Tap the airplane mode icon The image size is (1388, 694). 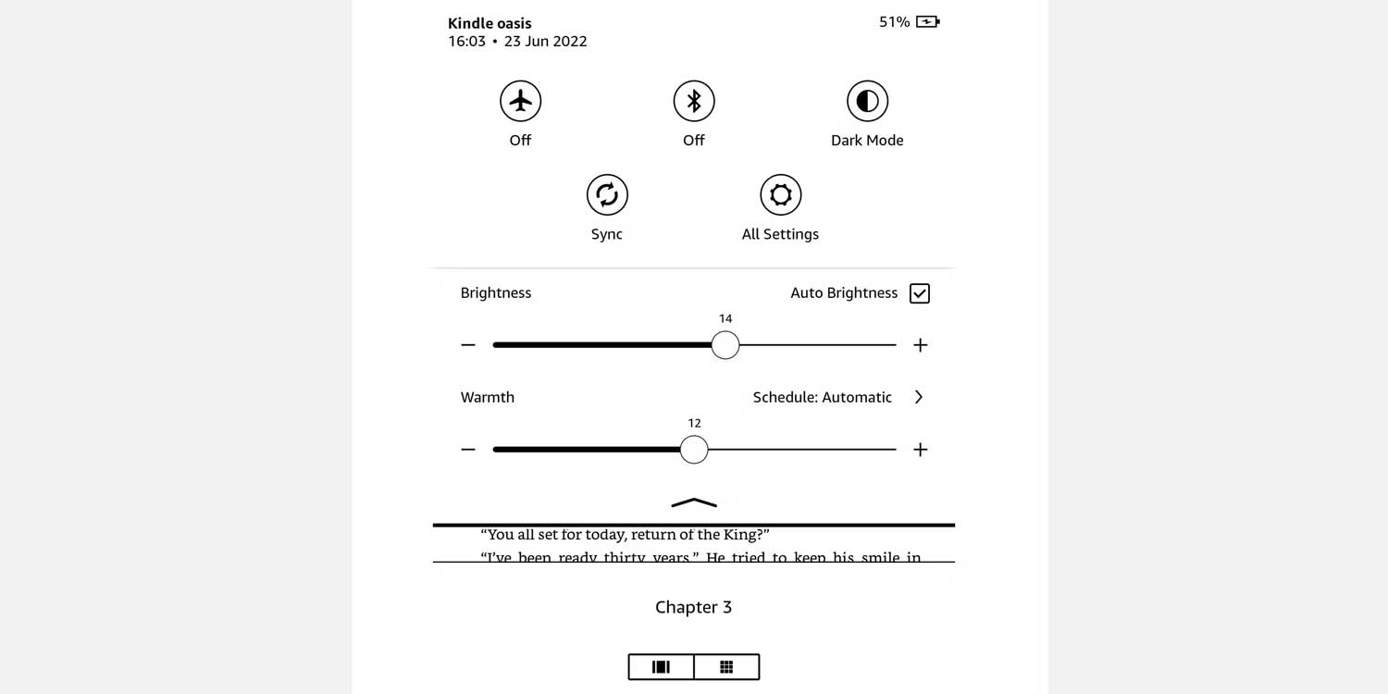coord(521,101)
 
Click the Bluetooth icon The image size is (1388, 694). coord(694,101)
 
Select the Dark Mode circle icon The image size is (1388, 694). coord(867,101)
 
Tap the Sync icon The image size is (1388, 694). coord(607,194)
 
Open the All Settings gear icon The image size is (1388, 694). coord(780,194)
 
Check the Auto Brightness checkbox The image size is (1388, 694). coord(919,293)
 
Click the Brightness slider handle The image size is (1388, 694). coord(725,345)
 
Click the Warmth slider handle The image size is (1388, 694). coord(694,450)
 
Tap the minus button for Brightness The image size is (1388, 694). coord(468,345)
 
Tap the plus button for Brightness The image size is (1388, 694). coord(920,345)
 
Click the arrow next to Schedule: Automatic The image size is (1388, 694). coord(919,397)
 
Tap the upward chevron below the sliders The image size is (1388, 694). coord(694,502)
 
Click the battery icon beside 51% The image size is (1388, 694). coord(927,21)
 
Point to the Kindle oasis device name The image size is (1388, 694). coord(490,23)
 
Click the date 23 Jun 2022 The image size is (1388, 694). coord(545,42)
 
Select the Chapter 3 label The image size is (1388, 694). coord(693,607)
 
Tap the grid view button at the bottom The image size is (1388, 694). coord(726,667)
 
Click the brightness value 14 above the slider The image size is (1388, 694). coord(725,318)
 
